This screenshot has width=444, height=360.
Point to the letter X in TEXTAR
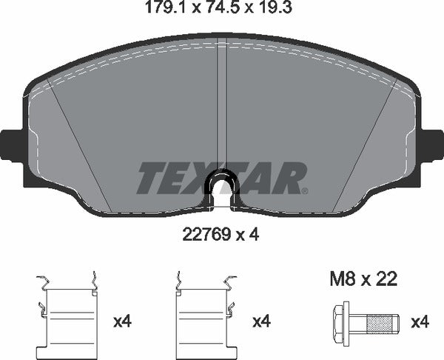click(208, 178)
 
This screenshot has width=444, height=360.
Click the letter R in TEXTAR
click(291, 178)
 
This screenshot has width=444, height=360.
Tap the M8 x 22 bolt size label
click(363, 279)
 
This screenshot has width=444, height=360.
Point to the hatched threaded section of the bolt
click(381, 322)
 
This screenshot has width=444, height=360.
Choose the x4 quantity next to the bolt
click(420, 322)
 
